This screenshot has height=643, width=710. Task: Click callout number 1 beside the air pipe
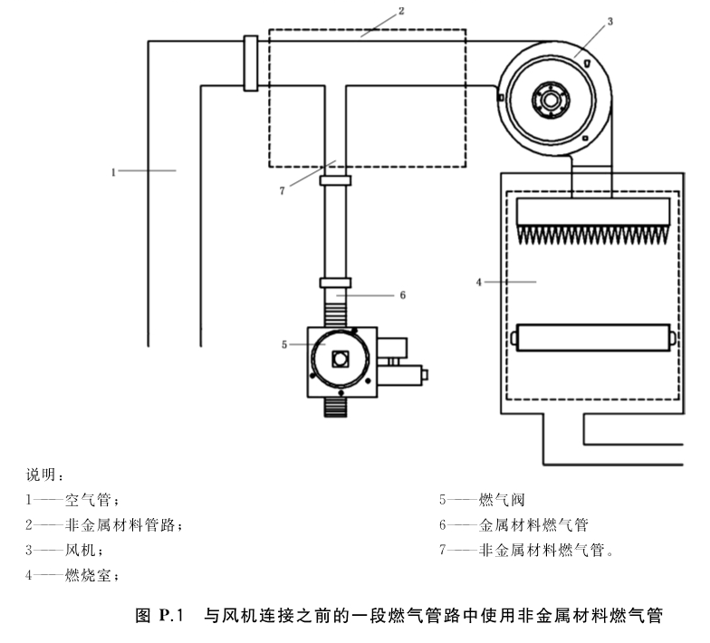113,172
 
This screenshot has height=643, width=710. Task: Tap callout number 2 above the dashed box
401,11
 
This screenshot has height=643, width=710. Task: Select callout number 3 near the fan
610,22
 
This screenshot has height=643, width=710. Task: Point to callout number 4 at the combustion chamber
478,283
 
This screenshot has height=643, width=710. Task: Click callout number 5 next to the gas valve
284,344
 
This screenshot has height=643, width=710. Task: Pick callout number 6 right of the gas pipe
402,295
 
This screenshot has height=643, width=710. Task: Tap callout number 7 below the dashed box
283,190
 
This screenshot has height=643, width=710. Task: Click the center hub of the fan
551,100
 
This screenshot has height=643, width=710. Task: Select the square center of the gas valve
341,359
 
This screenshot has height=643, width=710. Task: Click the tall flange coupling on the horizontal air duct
251,63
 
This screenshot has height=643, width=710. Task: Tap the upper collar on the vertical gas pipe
335,181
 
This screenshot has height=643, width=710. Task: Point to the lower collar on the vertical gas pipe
335,283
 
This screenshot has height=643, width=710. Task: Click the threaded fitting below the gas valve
335,408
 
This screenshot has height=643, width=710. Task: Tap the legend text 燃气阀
502,500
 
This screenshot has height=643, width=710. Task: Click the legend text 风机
81,551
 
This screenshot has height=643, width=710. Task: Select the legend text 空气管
89,500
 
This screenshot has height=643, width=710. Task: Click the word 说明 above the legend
41,475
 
